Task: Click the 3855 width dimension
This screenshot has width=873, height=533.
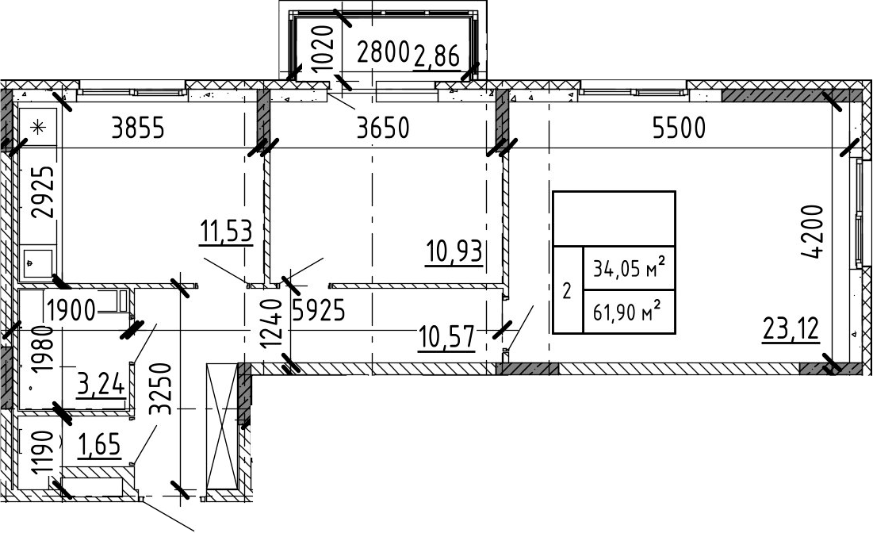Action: [138, 128]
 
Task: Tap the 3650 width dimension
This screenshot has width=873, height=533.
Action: [383, 128]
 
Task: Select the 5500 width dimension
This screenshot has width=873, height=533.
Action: [680, 128]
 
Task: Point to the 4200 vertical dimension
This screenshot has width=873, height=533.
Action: [813, 232]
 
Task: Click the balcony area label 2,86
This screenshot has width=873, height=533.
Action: [437, 56]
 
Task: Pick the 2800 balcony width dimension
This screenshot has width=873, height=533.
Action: [384, 53]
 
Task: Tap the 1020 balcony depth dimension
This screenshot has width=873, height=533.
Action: [323, 48]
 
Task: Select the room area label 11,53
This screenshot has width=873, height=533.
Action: [226, 232]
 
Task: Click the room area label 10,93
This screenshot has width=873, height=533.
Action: [454, 251]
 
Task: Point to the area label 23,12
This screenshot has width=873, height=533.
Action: [791, 328]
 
